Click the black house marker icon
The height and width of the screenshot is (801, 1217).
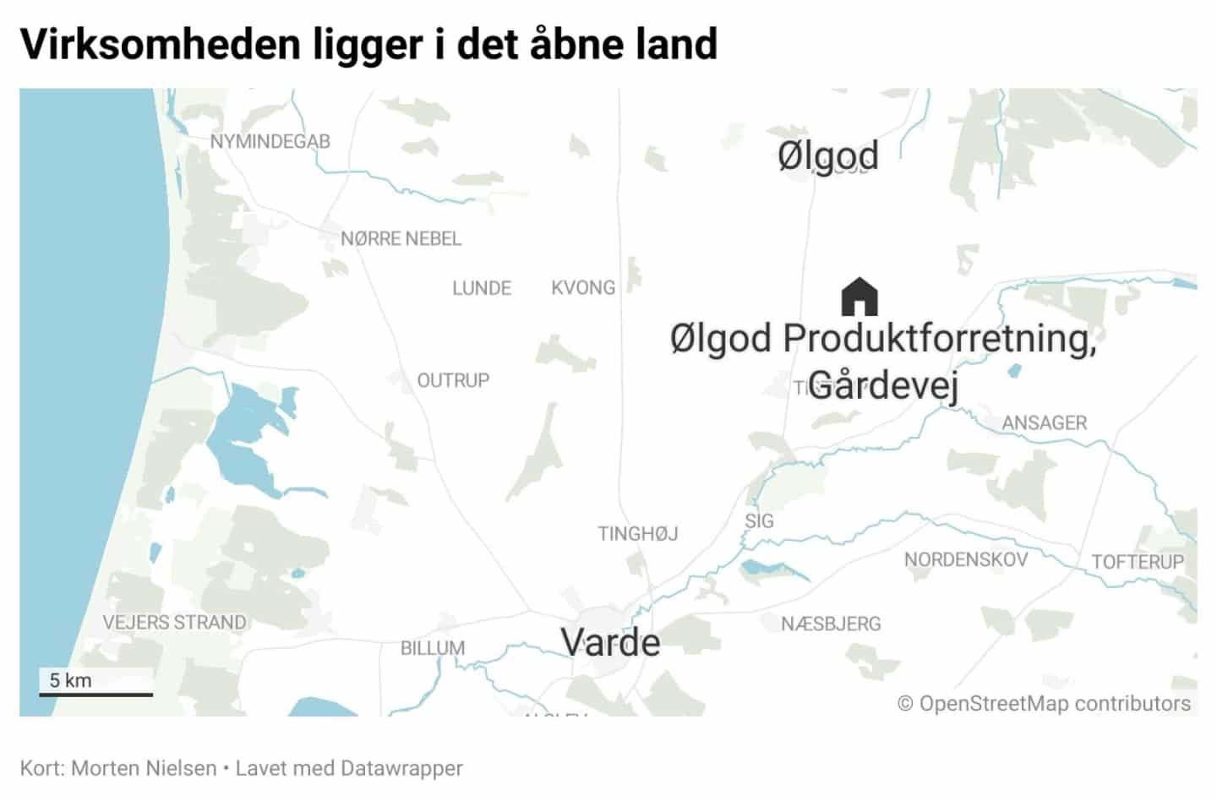[860, 297]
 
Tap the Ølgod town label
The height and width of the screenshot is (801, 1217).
[827, 156]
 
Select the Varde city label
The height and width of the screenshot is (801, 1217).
[610, 643]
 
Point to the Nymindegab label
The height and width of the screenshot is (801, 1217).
[270, 142]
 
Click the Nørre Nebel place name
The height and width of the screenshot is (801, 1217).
[401, 239]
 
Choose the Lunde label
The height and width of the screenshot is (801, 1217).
[482, 288]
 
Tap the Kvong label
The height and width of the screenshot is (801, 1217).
[583, 288]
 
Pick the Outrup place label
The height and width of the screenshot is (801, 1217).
[453, 381]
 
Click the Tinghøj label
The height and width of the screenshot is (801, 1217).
[637, 534]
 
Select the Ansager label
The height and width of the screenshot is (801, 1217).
[1045, 422]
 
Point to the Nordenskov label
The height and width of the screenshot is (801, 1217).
[966, 559]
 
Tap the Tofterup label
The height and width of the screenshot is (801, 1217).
[1138, 562]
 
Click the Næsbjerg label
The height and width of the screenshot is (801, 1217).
[831, 624]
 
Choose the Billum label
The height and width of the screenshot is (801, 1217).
[433, 648]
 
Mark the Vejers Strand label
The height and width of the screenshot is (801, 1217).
[174, 623]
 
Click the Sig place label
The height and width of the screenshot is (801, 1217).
[759, 521]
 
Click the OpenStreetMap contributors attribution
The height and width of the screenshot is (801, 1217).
[1044, 703]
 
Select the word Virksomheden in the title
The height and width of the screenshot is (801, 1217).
[160, 44]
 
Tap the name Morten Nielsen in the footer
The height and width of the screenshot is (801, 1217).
[144, 768]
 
